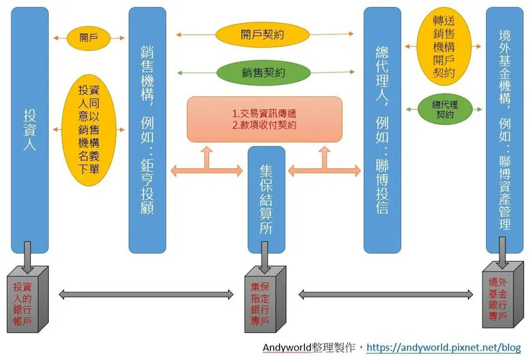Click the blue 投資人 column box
coord(31,129)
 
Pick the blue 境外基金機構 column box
coord(504,129)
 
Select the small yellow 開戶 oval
coord(88,38)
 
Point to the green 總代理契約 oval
coord(445,109)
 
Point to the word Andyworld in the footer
coord(287,347)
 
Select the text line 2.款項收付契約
coord(265,125)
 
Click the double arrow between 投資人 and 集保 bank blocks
coord(147,292)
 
